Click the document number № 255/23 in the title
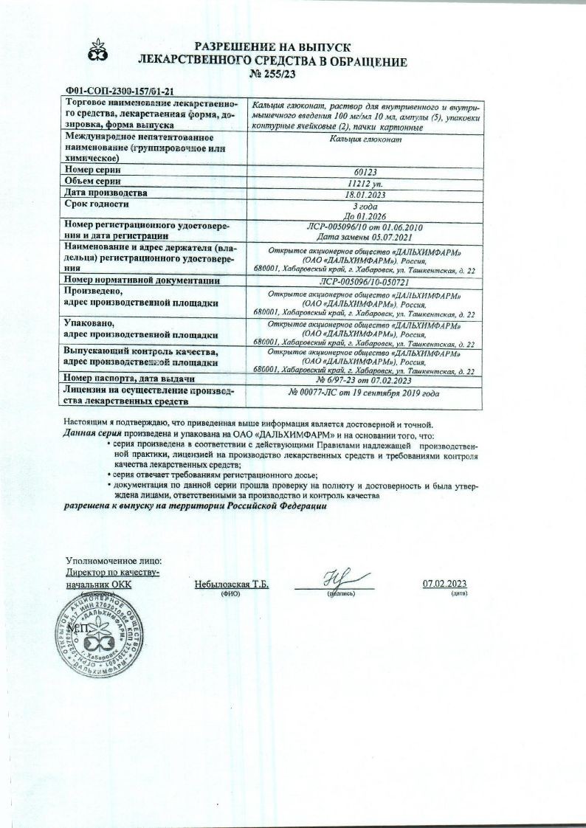294,74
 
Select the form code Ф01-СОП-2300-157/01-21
120,91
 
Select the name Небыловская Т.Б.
231,584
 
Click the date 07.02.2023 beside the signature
445,584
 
